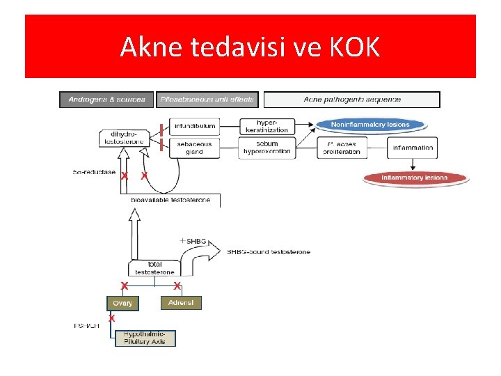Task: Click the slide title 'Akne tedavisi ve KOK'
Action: pos(250,47)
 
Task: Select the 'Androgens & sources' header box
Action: pos(106,100)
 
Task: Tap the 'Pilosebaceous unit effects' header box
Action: pos(207,100)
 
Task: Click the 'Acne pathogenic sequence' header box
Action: pos(352,100)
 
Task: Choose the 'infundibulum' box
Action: pos(195,127)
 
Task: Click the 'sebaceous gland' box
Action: pos(195,148)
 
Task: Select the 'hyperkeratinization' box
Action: pos(267,126)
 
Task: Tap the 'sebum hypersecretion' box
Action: pos(267,148)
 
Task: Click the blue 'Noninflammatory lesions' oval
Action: pos(370,125)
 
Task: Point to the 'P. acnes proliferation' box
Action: pos(342,148)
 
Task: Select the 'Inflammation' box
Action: pos(413,148)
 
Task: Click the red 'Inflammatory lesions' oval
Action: pos(415,178)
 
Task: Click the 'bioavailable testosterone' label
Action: pos(170,200)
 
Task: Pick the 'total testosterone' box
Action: pos(154,268)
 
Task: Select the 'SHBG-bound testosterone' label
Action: pos(269,251)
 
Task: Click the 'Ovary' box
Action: pos(123,303)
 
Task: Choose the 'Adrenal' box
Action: pos(181,302)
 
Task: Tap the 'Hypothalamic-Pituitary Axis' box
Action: pos(145,338)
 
